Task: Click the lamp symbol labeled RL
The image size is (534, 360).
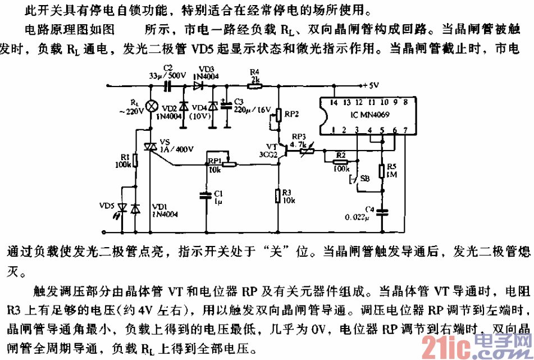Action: tap(150, 106)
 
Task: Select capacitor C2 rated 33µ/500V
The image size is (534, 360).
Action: tap(167, 86)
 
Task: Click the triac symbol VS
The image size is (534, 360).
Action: tap(150, 147)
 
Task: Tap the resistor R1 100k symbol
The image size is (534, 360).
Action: tap(136, 162)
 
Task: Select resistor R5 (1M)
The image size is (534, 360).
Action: tap(382, 172)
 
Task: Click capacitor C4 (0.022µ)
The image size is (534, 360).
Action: tap(382, 212)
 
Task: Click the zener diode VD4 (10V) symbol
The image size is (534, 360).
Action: tap(212, 106)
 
